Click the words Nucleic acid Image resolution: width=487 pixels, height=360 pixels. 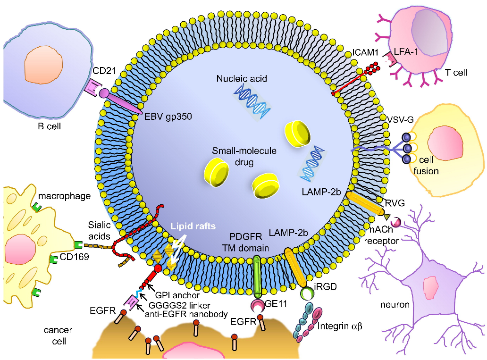coord(243,78)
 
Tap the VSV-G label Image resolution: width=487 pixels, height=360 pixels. coord(401,119)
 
